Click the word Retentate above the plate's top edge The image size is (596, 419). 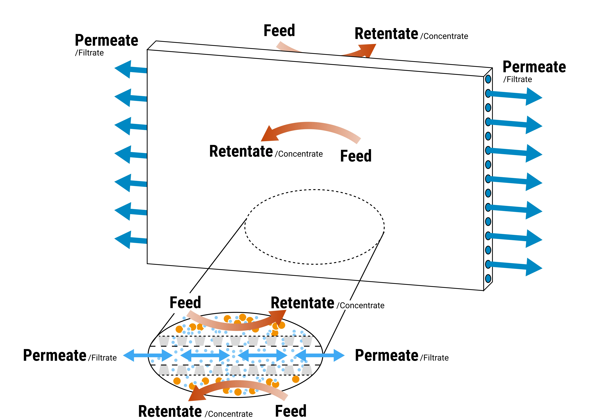pyautogui.click(x=386, y=34)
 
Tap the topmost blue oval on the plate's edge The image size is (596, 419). pyautogui.click(x=488, y=79)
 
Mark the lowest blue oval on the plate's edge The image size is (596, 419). pyautogui.click(x=488, y=278)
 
